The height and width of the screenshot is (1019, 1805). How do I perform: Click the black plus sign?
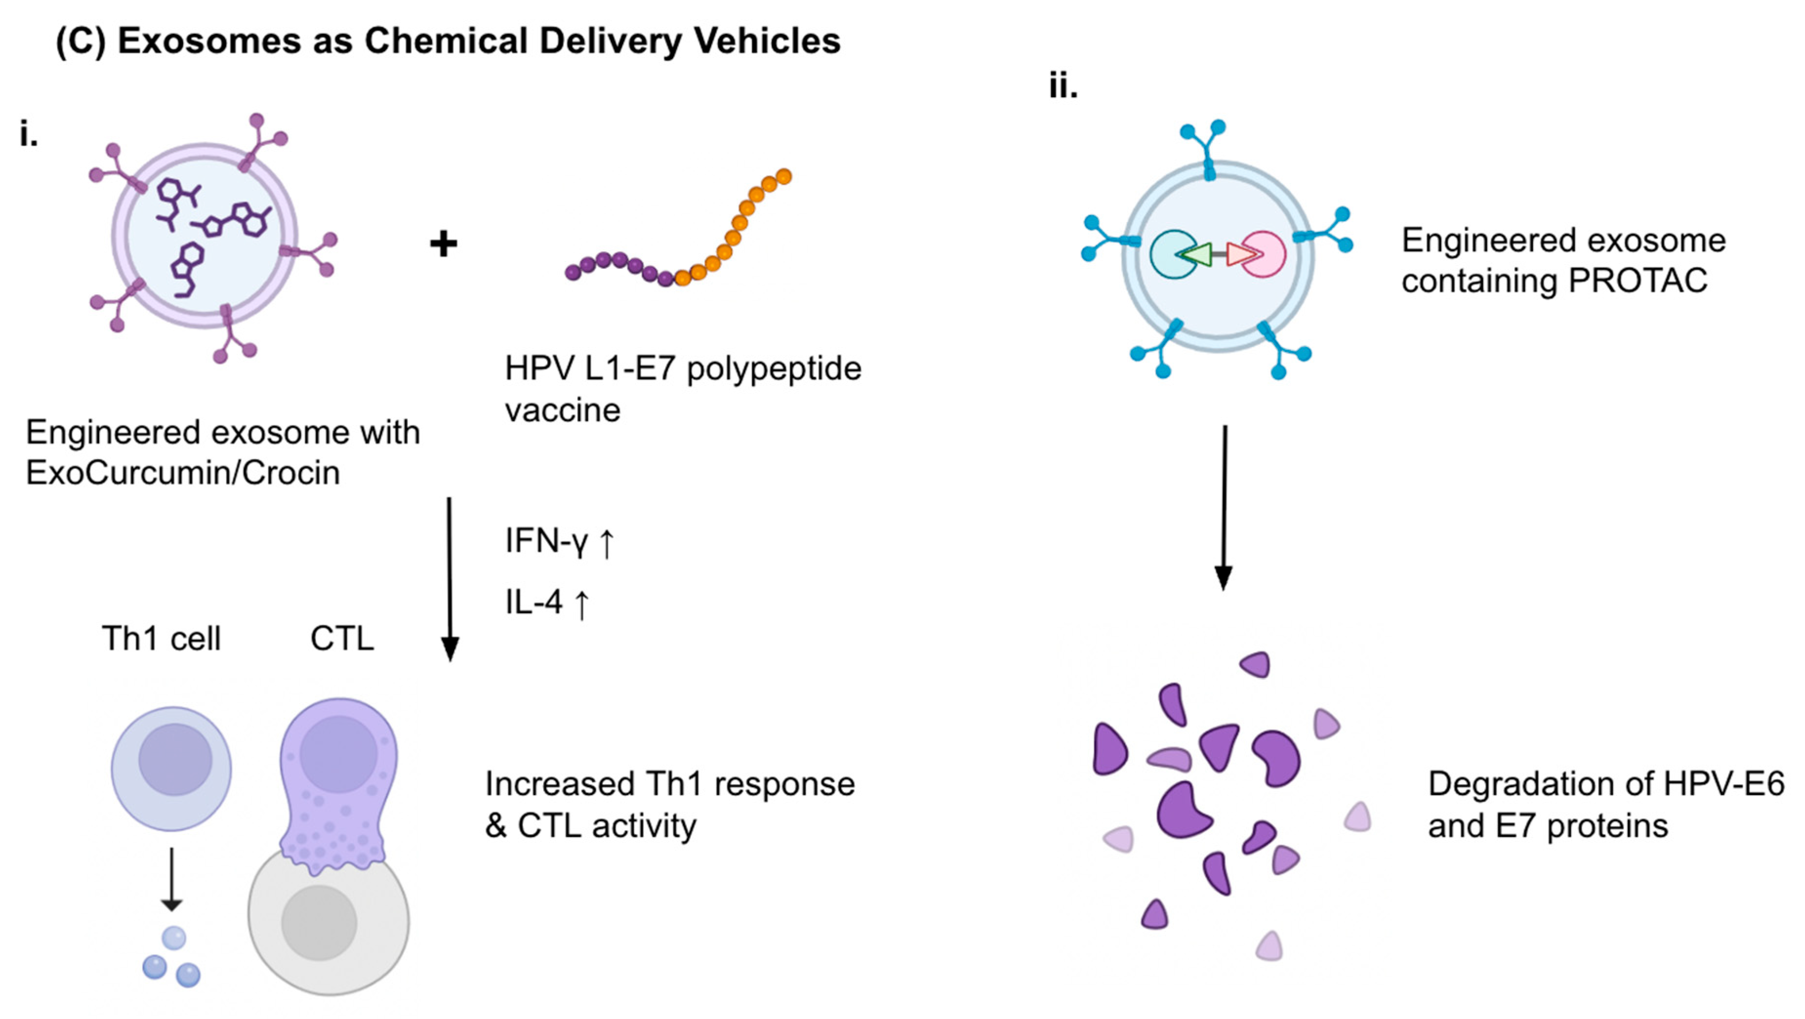point(443,245)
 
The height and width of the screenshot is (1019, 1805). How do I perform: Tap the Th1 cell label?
point(161,638)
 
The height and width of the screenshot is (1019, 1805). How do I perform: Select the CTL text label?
point(342,638)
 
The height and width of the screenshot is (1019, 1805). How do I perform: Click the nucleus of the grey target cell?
point(319,922)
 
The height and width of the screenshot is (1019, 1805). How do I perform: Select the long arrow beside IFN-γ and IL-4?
point(449,578)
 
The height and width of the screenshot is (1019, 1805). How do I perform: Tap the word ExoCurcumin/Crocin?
point(183,473)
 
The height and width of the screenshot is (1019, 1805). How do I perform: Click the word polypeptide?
point(774,368)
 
